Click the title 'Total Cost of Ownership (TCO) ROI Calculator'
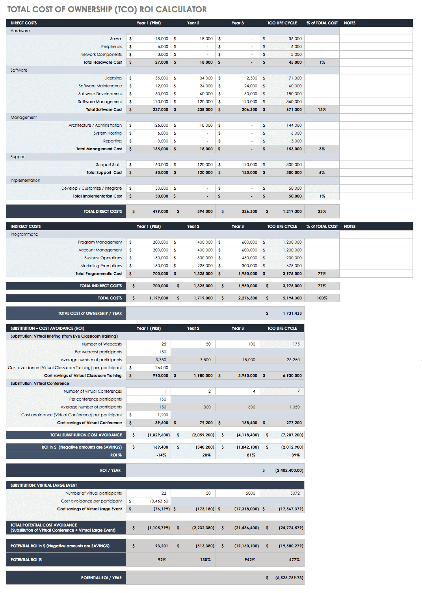tap(107, 9)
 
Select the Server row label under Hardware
tap(116, 39)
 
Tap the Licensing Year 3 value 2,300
tap(252, 78)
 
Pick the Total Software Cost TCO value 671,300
tap(294, 110)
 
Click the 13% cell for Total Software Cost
tap(322, 110)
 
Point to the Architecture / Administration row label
tap(95, 126)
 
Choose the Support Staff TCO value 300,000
tap(294, 165)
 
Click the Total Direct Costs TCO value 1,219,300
tap(292, 212)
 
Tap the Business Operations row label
tap(103, 258)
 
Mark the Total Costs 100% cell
tap(322, 298)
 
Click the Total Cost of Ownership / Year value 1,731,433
tap(292, 314)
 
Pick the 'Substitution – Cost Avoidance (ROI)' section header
tap(47, 329)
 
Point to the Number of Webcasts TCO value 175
tap(296, 344)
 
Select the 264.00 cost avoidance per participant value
tap(162, 368)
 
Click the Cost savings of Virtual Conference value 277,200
tap(294, 423)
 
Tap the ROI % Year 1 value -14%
tap(161, 455)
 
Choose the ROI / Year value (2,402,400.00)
tap(289, 471)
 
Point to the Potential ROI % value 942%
tap(250, 560)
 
